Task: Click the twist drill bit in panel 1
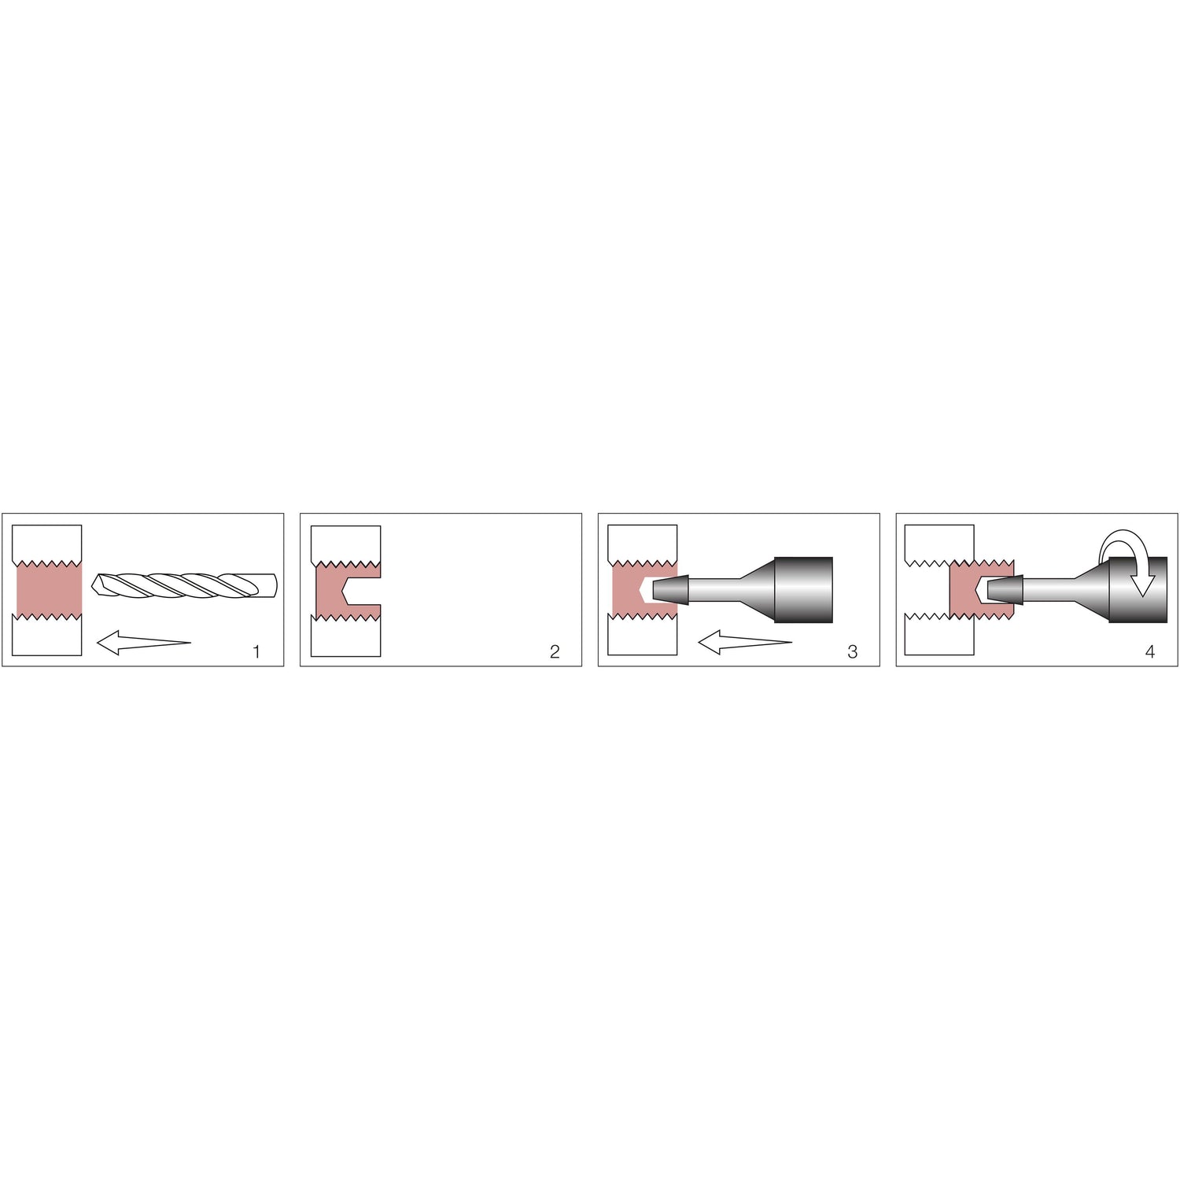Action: (185, 584)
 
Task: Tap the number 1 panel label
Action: (256, 651)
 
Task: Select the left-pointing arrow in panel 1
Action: (143, 643)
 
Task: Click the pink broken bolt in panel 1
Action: (49, 589)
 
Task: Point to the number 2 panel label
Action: (555, 651)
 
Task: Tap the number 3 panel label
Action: (852, 651)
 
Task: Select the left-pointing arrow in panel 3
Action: (744, 643)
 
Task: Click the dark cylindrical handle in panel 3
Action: (803, 590)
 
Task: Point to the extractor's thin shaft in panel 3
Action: (714, 590)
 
